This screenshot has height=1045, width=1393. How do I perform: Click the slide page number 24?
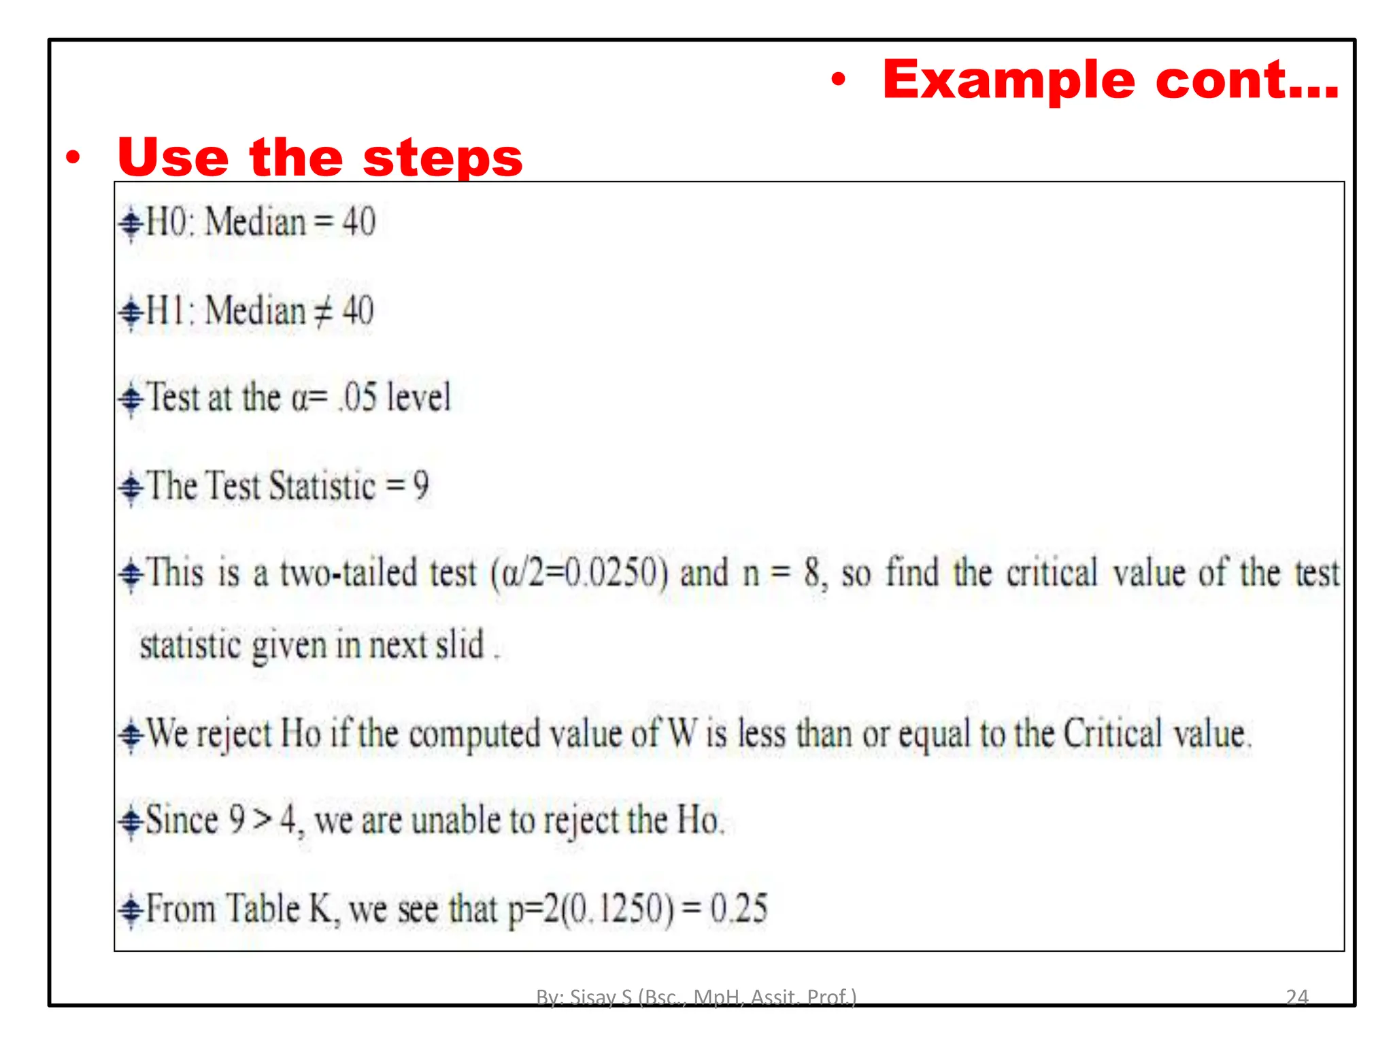coord(1296,997)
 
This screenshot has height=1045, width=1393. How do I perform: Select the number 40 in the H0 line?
coord(358,222)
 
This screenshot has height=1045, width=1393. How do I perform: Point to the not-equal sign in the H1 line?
coord(323,312)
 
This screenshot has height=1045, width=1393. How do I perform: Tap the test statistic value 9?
coord(421,486)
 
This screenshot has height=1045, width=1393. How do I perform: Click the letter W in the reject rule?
coord(682,734)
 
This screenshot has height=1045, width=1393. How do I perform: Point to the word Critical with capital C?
coord(1112,734)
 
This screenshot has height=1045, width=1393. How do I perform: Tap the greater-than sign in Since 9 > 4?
coord(262,820)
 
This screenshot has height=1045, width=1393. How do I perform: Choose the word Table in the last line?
coord(263,908)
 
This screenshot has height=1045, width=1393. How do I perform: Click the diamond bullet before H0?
coord(131,223)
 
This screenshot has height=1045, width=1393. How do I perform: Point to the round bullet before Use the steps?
coord(73,159)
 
